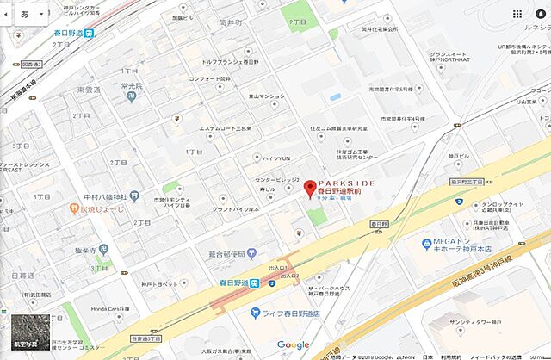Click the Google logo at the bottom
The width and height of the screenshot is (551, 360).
[x=293, y=345]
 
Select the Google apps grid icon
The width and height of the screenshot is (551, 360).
[x=517, y=15]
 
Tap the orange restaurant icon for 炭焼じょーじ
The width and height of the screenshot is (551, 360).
[x=74, y=208]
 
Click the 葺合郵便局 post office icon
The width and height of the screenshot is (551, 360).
[x=251, y=253]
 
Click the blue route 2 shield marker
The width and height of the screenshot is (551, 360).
[x=271, y=283]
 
